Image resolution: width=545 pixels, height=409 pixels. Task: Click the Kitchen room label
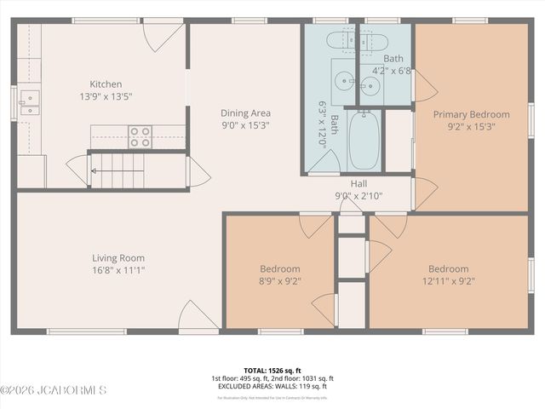tap(106, 84)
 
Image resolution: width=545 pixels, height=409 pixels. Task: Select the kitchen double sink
tap(29, 103)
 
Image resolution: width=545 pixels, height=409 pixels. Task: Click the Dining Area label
tap(245, 112)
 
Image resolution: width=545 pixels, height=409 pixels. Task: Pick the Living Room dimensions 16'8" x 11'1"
tap(118, 271)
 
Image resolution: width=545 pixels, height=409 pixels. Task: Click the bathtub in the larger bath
tap(365, 141)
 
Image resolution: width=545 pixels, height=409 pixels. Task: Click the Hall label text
tap(359, 183)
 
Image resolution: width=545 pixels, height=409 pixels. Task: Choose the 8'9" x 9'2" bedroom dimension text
tap(279, 280)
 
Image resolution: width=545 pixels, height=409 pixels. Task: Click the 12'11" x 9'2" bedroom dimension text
tap(448, 280)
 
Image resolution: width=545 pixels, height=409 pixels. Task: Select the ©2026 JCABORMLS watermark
tap(53, 391)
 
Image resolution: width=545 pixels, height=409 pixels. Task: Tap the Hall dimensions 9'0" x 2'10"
tap(359, 195)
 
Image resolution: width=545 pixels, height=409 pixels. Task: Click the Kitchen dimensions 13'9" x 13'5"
tap(106, 96)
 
